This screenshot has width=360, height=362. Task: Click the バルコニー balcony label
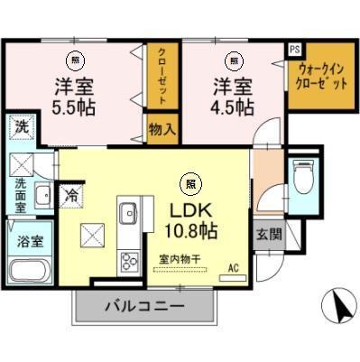pos(144,307)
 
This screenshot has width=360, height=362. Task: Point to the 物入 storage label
pos(162,129)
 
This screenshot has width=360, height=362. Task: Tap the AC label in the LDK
pos(233,268)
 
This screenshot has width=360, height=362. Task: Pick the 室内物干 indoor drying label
pos(180,259)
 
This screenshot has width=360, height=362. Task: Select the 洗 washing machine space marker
pos(21,128)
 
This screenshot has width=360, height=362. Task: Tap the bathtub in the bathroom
pos(30,272)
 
